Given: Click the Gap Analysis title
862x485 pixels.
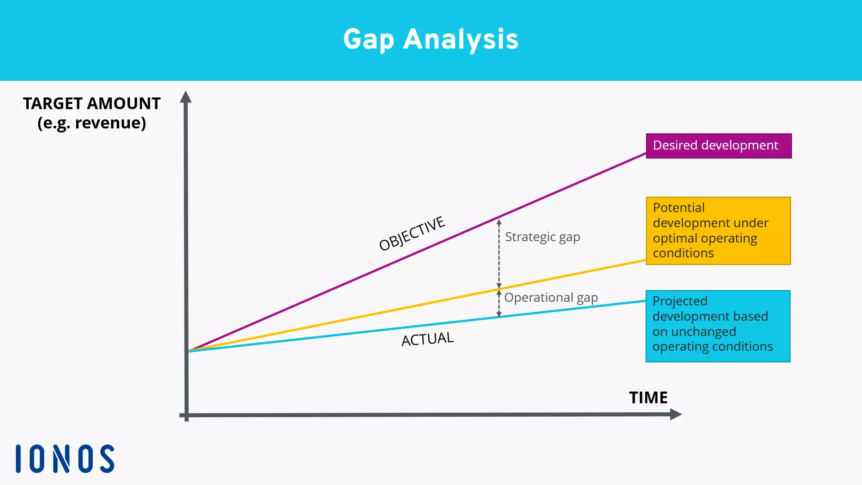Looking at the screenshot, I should (x=431, y=40).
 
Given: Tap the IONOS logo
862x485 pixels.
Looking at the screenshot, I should (x=65, y=459).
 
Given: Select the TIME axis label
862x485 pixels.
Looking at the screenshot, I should (x=648, y=398).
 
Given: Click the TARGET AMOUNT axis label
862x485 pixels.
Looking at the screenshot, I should (x=92, y=104).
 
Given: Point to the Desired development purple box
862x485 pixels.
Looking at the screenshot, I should (x=718, y=146).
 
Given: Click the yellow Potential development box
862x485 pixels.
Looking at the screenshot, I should (x=718, y=230).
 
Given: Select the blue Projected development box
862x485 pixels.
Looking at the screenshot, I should (x=717, y=326).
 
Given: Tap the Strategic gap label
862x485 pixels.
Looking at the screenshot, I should (x=542, y=237).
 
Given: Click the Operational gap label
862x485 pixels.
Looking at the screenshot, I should (x=551, y=298).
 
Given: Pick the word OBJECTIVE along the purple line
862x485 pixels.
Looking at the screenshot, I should (x=412, y=234).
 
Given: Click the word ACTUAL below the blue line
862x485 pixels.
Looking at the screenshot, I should (x=427, y=339).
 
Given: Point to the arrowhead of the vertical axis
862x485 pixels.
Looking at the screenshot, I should (x=186, y=97).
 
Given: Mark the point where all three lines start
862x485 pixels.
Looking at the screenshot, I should (x=189, y=350).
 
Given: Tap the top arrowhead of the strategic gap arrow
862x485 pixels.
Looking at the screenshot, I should (x=499, y=222).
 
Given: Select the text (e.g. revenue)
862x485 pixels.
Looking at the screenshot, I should (x=92, y=123).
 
